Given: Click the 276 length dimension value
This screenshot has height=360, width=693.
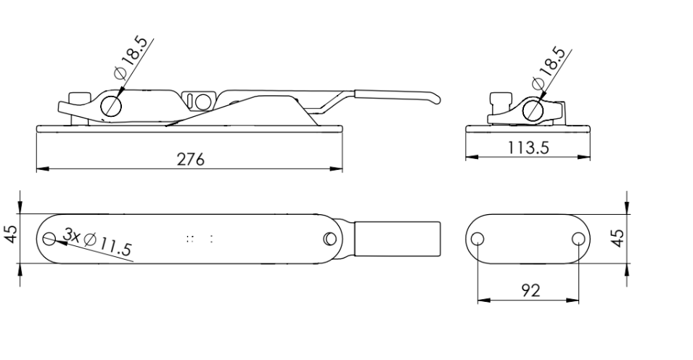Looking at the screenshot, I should click(x=191, y=159).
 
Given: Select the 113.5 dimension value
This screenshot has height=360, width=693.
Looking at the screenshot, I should click(x=528, y=147).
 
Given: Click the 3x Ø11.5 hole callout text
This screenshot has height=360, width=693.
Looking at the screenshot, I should click(x=97, y=242).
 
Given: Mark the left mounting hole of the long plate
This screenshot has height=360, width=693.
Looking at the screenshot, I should click(x=50, y=238).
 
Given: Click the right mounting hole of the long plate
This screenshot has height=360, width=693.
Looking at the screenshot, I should click(x=330, y=238).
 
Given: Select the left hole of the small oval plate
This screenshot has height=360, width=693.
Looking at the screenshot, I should click(x=478, y=239).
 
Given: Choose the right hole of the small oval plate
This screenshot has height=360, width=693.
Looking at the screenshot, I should click(x=578, y=239).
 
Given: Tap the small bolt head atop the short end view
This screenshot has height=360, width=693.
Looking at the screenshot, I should click(x=499, y=99).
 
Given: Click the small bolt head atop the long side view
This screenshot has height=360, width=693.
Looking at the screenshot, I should click(x=76, y=98).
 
